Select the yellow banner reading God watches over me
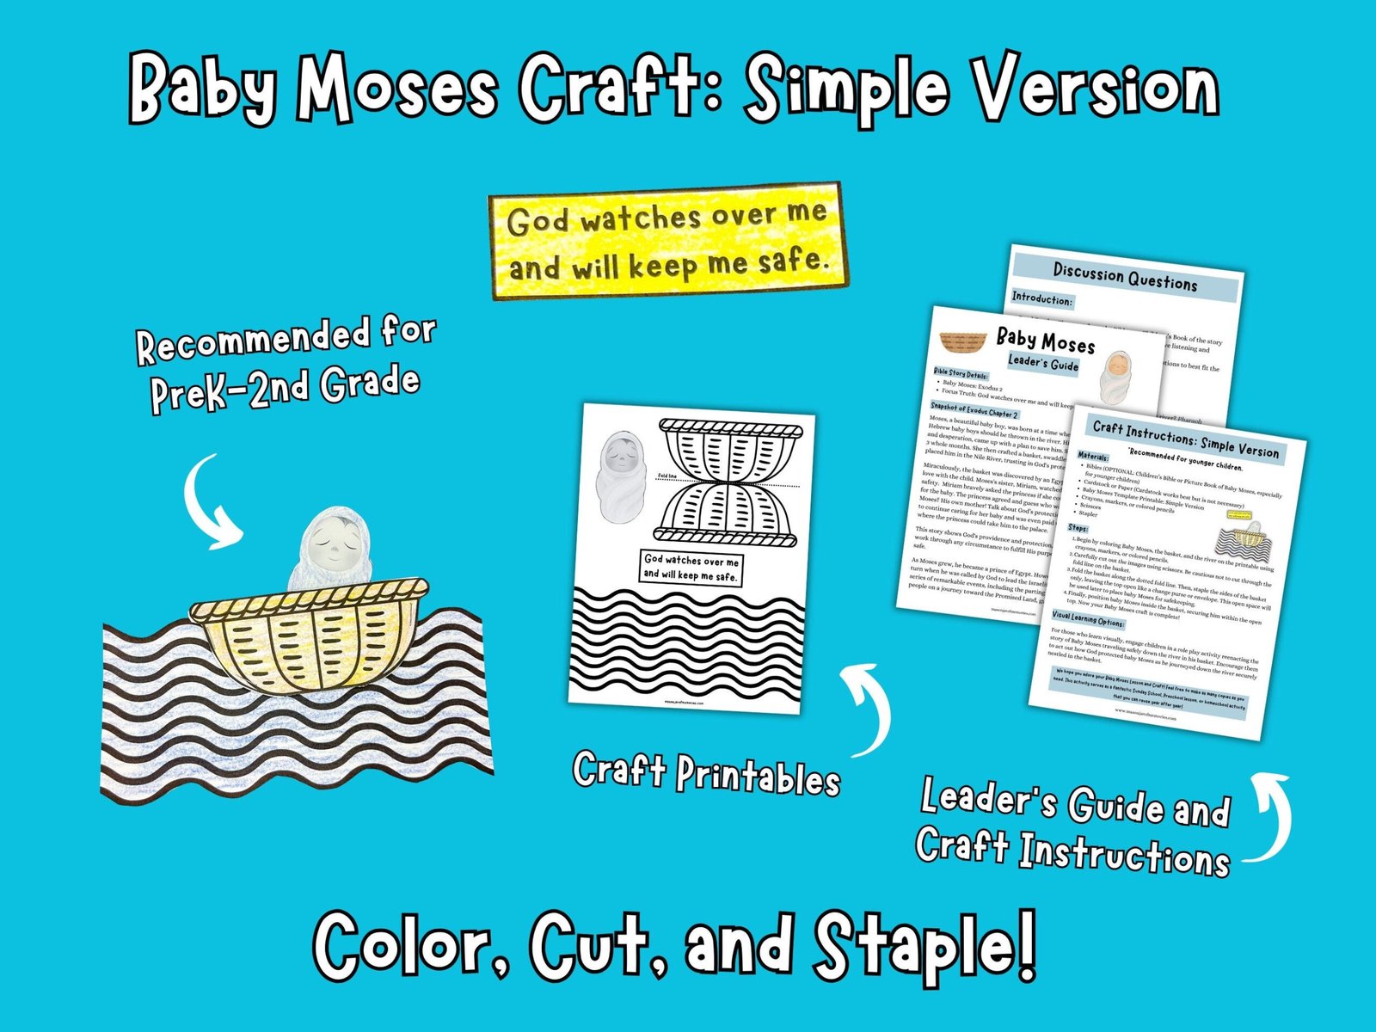pyautogui.click(x=666, y=241)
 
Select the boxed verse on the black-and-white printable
pyautogui.click(x=691, y=568)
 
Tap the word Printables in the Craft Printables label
pyautogui.click(x=758, y=777)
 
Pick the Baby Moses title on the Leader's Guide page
pyautogui.click(x=1045, y=341)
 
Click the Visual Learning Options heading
pyautogui.click(x=1087, y=618)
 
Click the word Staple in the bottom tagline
pyautogui.click(x=925, y=947)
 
